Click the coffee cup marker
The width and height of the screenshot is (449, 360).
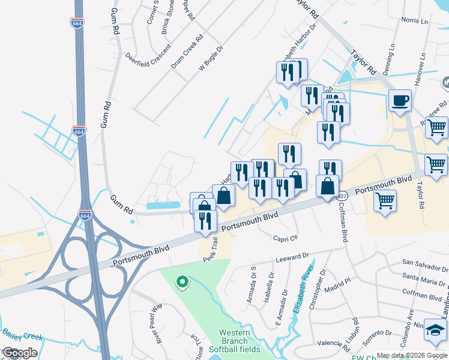tap(400, 100)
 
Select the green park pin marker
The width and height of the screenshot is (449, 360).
tap(182, 281)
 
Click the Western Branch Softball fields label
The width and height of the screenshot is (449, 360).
tap(240, 341)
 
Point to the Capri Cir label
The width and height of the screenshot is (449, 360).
tap(286, 238)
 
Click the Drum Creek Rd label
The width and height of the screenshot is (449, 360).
tap(187, 50)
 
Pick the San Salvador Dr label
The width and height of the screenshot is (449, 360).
tap(424, 263)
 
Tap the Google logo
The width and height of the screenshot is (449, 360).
tap(20, 353)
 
